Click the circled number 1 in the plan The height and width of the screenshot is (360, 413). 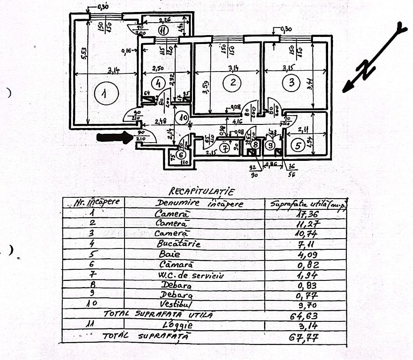coord(104,94)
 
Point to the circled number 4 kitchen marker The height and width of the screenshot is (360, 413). coord(158,83)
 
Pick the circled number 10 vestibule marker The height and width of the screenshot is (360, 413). coord(181,118)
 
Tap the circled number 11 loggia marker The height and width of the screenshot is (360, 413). coord(163,31)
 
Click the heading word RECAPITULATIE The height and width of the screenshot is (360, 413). coord(201,192)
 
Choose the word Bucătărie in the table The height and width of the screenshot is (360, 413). coord(179,244)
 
